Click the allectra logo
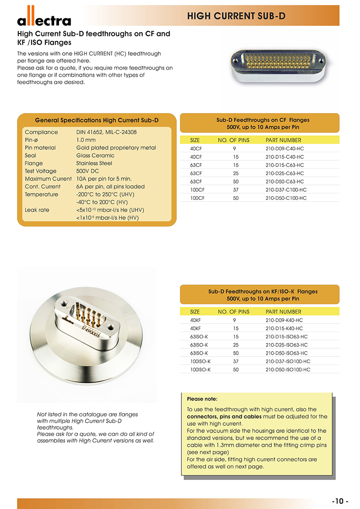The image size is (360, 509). pos(44,18)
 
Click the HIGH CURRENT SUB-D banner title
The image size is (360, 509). pos(236,16)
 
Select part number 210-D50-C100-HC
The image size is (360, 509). pos(286,198)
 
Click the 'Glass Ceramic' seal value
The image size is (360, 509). pos(95,155)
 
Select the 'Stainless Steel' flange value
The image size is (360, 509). pos(94,163)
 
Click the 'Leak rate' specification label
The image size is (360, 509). pos(37,210)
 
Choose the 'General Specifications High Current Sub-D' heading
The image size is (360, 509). pos(96,120)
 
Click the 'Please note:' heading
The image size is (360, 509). pos(202,399)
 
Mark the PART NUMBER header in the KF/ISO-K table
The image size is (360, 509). pos(283,311)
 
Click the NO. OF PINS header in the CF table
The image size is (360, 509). pos(233,140)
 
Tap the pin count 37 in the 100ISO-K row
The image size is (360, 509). pos(236,361)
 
